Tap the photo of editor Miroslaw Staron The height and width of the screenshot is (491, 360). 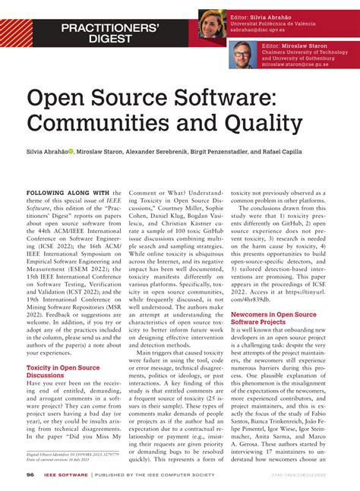pos(243,54)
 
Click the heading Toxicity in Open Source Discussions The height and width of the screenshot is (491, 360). pos(58,372)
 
